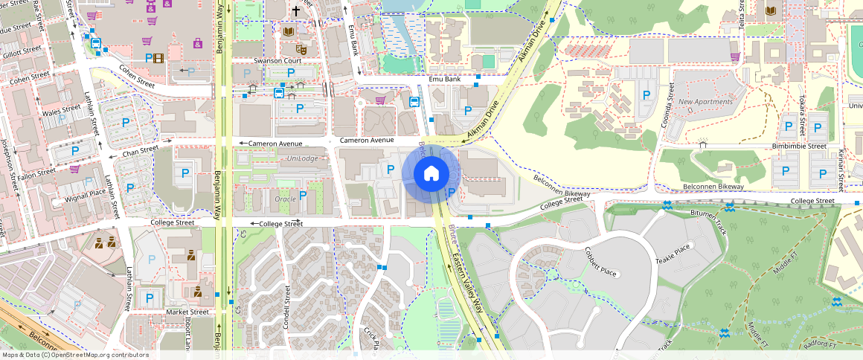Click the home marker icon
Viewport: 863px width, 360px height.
click(431, 174)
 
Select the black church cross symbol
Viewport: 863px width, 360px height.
click(296, 11)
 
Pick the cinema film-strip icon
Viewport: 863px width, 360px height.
click(158, 58)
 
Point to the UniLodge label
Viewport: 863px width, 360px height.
click(303, 158)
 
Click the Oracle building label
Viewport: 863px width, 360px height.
click(286, 199)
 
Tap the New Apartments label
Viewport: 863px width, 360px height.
click(705, 102)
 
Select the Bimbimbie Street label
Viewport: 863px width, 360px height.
click(799, 147)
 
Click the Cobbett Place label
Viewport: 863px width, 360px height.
click(601, 261)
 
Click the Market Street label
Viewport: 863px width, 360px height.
click(187, 312)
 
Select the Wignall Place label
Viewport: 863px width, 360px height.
click(86, 193)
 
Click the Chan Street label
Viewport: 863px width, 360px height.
click(141, 150)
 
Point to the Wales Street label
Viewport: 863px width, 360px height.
click(61, 112)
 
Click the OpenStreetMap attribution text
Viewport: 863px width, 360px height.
click(74, 355)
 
